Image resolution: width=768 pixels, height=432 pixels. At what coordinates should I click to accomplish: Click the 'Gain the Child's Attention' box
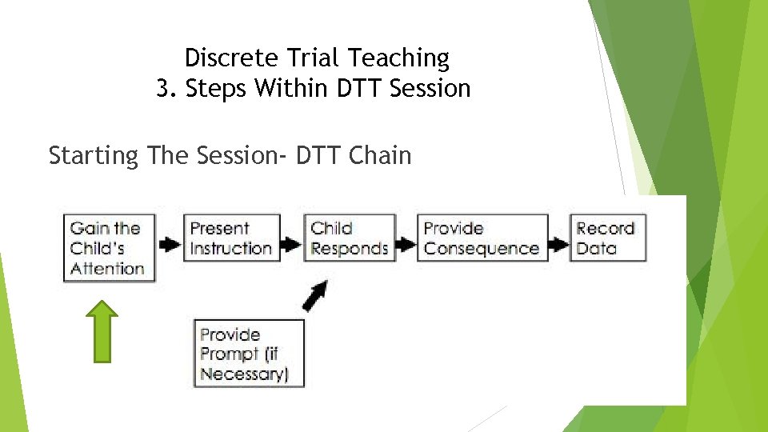click(107, 247)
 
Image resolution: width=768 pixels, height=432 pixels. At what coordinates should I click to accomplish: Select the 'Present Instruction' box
click(231, 238)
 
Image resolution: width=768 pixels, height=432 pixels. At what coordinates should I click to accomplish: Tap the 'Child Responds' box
click(350, 238)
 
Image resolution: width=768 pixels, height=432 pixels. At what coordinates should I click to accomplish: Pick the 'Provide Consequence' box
click(482, 238)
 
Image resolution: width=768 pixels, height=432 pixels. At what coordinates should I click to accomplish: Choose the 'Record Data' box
click(607, 238)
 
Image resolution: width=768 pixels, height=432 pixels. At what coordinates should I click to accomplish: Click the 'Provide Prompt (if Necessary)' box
click(250, 354)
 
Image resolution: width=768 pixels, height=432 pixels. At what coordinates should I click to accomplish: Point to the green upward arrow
click(102, 331)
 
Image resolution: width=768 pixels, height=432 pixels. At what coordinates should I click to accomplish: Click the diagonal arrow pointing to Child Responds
click(315, 297)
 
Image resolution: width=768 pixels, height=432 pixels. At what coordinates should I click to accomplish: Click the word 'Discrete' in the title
click(223, 58)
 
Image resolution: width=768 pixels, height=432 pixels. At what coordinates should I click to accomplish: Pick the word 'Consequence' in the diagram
click(482, 248)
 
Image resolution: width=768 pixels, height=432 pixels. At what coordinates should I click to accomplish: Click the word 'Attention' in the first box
click(107, 268)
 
